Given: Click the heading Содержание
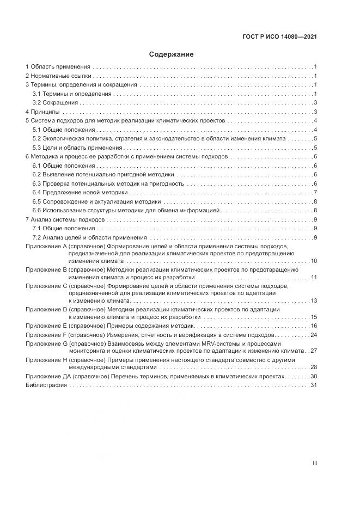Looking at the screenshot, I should (x=171, y=54).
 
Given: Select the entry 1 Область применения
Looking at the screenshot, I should (x=57, y=67).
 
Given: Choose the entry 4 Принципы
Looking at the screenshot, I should (x=42, y=112).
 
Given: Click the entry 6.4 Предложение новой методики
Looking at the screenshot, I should (x=80, y=192).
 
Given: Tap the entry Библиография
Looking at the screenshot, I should (x=46, y=385).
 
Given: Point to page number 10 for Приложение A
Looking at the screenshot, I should (x=314, y=261).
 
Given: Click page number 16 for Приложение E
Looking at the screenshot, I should (x=314, y=326).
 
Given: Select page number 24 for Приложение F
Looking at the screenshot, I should (x=314, y=335).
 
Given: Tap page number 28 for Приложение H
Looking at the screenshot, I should (x=314, y=367).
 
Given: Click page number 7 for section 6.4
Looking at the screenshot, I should (x=315, y=192).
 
